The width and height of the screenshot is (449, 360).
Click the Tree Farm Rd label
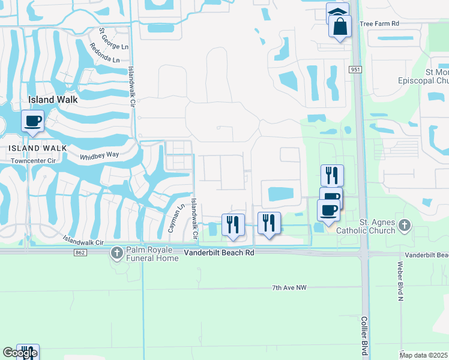pos(379,23)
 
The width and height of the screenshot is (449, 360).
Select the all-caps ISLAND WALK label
pos(37,148)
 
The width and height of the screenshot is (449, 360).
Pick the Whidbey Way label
pos(100,156)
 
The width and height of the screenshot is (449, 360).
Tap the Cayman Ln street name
pos(177,220)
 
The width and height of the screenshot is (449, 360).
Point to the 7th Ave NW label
pos(289,288)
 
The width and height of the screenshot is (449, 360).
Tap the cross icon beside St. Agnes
pos(405,225)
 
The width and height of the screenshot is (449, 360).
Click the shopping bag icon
pos(340,27)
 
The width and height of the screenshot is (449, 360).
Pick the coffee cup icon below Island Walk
pos(32,121)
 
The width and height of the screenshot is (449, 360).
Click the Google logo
pos(20,353)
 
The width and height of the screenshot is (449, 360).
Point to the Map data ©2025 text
pos(424,355)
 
